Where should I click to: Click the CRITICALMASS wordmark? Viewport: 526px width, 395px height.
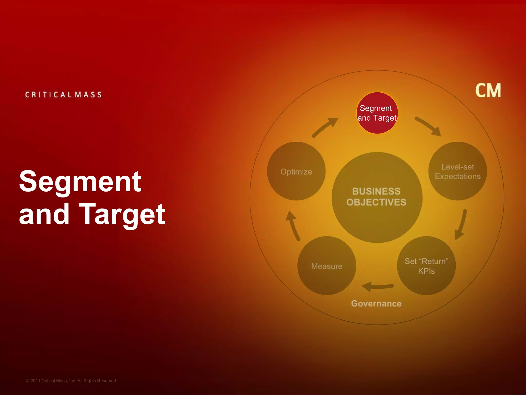point(63,95)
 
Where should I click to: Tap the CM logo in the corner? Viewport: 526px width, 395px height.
point(488,91)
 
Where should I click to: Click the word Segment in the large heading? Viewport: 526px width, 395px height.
point(80,182)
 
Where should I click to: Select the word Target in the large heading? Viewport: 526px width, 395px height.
point(122,214)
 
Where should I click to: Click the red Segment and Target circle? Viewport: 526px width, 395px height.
point(377,113)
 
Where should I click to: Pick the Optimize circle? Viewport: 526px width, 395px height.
point(296,171)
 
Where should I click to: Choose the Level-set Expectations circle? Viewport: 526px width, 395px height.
point(457,171)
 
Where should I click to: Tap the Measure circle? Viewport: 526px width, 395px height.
point(327,266)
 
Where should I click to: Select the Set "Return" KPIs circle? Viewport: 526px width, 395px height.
point(426,266)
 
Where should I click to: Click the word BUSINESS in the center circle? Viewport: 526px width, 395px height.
point(376,191)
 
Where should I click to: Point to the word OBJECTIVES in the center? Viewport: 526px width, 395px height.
point(376,202)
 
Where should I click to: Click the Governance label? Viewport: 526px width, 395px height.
point(376,304)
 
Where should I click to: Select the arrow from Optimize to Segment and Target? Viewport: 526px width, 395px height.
point(325,127)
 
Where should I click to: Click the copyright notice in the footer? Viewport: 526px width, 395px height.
point(71,381)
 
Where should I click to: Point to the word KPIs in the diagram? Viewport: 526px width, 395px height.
point(426,271)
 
